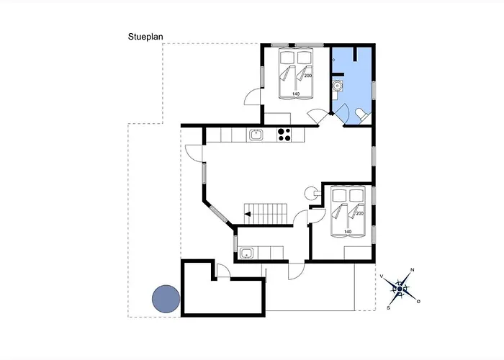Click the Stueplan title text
tap(145, 37)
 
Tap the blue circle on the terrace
tap(166, 299)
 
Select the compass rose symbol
tap(400, 289)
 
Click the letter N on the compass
tap(413, 270)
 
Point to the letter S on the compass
tap(388, 308)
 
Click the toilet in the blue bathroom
tap(363, 115)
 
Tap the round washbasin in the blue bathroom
tap(337, 86)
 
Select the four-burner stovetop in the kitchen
tap(284, 135)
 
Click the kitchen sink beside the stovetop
tap(256, 135)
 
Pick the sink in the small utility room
tap(247, 253)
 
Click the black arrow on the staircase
tap(247, 214)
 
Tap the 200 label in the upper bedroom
tap(308, 76)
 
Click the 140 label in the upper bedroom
tap(296, 94)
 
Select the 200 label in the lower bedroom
tap(360, 213)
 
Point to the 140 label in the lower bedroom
tap(348, 231)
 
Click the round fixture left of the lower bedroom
tap(310, 193)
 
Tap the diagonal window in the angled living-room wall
tap(219, 215)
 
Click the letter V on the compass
tap(382, 276)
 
